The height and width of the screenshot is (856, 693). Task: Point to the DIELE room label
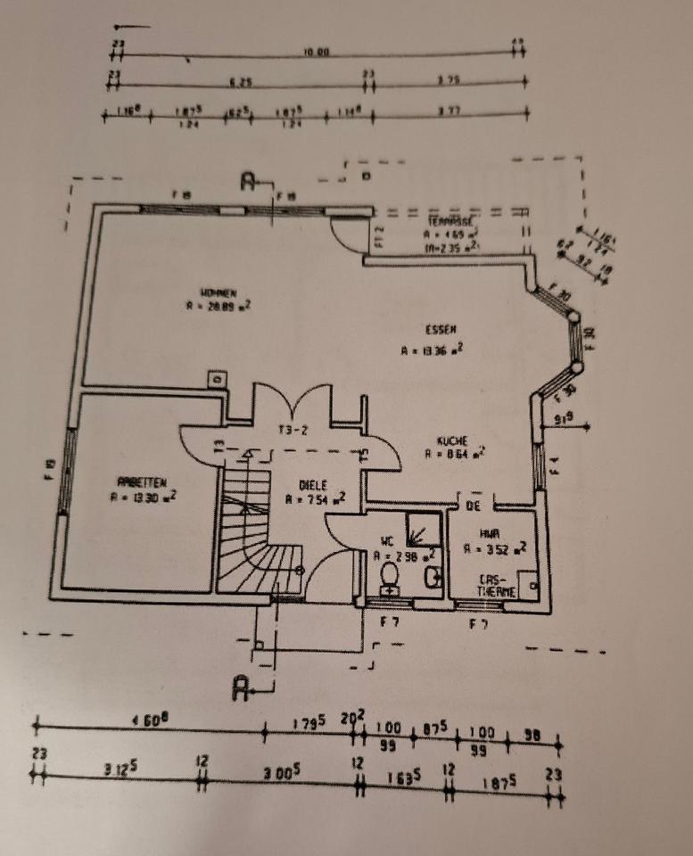pos(312,485)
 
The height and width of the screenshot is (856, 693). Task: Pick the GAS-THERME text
pos(498,583)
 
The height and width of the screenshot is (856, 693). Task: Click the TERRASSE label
pos(449,220)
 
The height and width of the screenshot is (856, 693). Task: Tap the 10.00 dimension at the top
pos(316,53)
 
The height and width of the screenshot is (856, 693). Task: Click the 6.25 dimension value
pos(241,82)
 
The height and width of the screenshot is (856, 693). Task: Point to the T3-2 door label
pos(292,430)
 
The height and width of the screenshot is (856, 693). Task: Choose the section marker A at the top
pos(249,181)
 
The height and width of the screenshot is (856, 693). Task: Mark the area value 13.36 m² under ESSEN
pos(432,350)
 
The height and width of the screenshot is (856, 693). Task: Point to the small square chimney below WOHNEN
pos(214,379)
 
